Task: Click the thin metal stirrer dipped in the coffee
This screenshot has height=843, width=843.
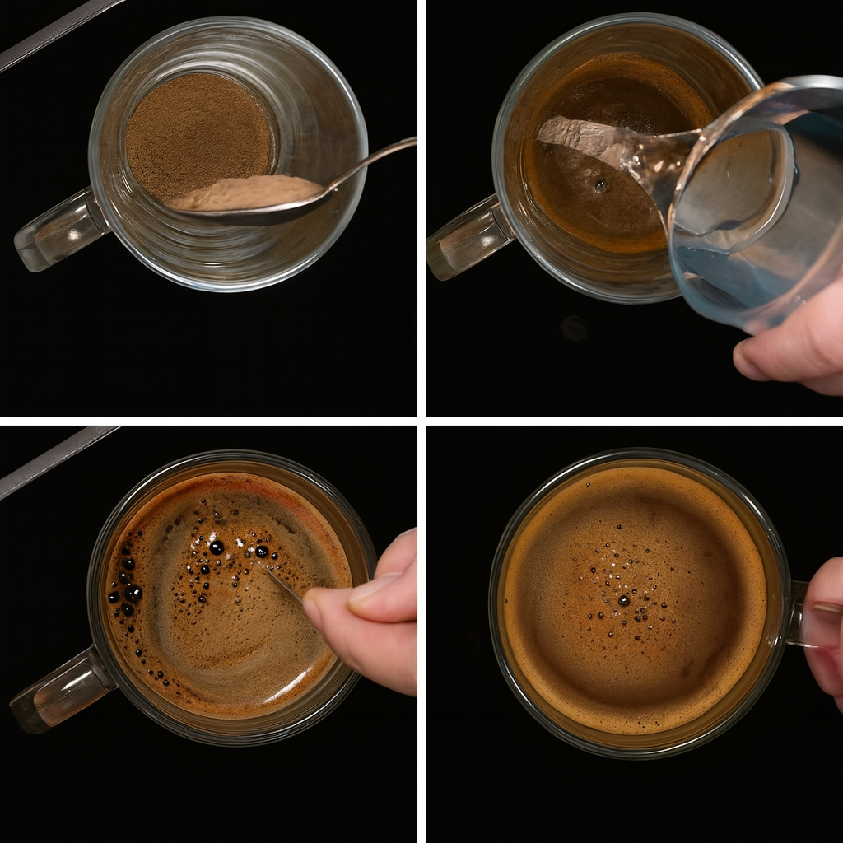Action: (284, 585)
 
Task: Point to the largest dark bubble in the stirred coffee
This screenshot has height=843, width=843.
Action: (217, 547)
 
